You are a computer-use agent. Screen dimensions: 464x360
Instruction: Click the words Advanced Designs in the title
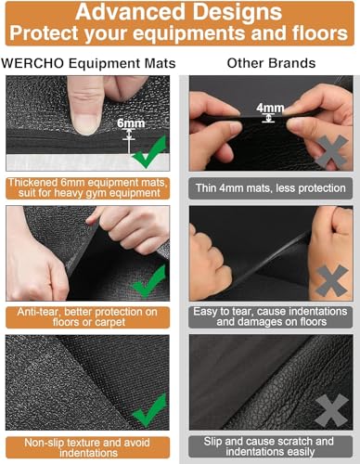[179, 11]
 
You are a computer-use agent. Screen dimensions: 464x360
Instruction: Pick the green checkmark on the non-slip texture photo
[148, 408]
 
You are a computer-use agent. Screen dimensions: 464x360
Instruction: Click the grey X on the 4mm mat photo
[331, 150]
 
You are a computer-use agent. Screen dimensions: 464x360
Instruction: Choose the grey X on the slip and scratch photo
[331, 408]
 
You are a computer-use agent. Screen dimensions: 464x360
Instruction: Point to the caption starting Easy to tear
[271, 318]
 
